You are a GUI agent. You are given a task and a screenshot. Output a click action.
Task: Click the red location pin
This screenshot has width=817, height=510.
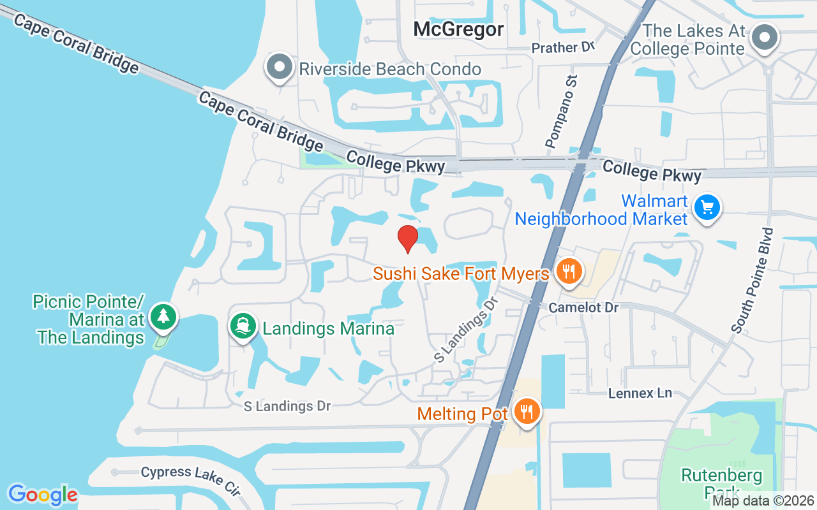408,238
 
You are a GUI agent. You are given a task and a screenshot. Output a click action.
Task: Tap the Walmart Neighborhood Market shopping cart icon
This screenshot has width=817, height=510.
707,208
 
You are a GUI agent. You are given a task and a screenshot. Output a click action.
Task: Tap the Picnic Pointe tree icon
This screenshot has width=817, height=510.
164,316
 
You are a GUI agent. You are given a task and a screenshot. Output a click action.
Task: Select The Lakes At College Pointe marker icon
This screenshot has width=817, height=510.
764,37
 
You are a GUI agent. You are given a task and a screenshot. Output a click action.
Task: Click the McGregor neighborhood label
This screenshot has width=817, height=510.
458,29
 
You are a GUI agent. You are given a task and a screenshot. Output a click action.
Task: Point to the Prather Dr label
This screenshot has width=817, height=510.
563,48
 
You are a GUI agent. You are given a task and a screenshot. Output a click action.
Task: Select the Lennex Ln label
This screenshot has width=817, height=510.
640,393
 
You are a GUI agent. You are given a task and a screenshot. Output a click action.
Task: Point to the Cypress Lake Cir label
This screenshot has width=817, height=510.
190,479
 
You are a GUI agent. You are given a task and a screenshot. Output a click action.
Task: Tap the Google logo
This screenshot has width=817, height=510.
43,495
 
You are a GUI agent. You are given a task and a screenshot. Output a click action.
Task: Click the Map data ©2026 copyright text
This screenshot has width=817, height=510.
763,501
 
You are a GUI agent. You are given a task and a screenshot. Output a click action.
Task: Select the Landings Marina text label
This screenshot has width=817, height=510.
328,328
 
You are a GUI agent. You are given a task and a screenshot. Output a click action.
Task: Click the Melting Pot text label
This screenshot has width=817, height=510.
462,414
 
